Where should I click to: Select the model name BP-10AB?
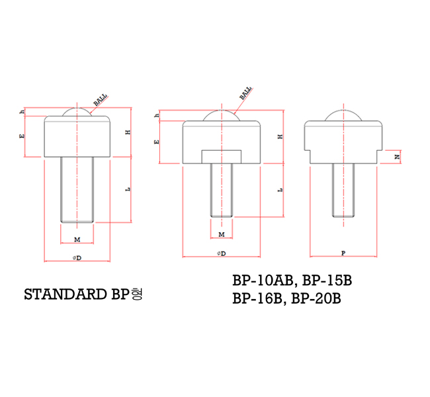click(260, 280)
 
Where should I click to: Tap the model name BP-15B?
click(326, 280)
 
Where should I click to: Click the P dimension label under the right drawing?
click(342, 253)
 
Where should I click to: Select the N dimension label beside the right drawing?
click(396, 157)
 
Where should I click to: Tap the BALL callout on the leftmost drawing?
click(101, 100)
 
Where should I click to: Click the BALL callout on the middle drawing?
click(245, 93)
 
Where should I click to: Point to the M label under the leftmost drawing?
click(77, 238)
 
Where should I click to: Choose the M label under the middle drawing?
click(221, 234)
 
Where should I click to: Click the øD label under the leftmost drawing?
click(77, 257)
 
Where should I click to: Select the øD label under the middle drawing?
click(221, 253)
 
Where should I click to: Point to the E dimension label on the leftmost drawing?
click(22, 136)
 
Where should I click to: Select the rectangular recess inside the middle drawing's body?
click(221, 156)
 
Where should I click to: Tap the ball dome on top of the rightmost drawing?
click(342, 115)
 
